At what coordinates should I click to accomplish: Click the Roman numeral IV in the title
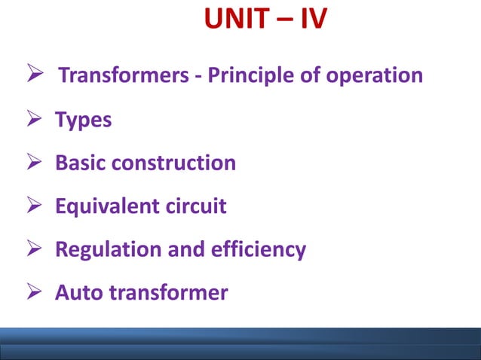pyautogui.click(x=310, y=22)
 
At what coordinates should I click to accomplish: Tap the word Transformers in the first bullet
pyautogui.click(x=125, y=76)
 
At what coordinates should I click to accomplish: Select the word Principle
pyautogui.click(x=256, y=76)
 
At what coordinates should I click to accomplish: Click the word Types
pyautogui.click(x=84, y=121)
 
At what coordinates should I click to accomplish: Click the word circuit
pyautogui.click(x=196, y=206)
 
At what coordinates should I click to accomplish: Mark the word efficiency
pyautogui.click(x=262, y=249)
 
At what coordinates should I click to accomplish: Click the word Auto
pyautogui.click(x=78, y=291)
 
